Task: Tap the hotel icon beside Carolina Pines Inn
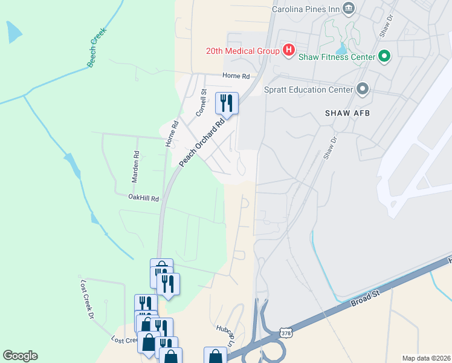pos(348,8)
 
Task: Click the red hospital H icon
pos(289,50)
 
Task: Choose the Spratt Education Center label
pos(308,90)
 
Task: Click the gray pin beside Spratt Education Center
pos(363,89)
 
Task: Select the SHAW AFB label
pos(347,113)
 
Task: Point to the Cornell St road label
pos(201,103)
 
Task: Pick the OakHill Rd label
pos(143,198)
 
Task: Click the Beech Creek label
pos(97,47)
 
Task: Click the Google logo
pos(20,356)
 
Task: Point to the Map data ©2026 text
pos(426,358)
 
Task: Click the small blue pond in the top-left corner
pos(13,33)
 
